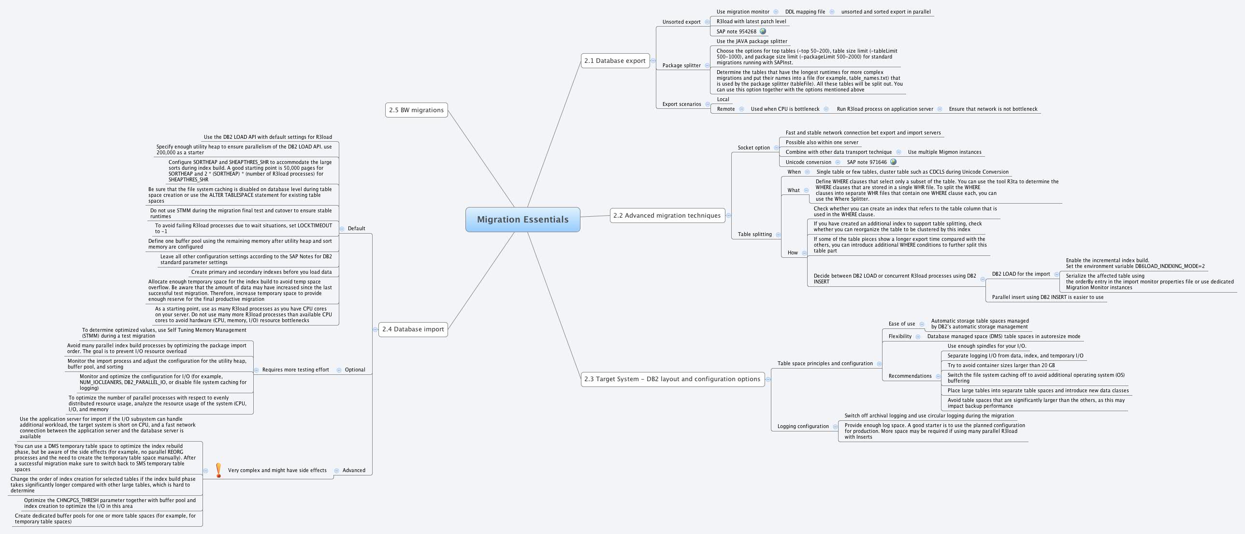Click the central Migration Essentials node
coord(522,220)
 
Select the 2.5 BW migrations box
coord(416,110)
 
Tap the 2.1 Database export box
coord(615,60)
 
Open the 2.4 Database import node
coord(413,329)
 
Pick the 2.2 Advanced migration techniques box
coord(667,215)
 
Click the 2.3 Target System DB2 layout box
coord(672,379)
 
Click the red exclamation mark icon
coord(218,470)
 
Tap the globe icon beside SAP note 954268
coord(763,31)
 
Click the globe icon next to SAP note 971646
coord(893,162)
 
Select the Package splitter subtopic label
coord(681,65)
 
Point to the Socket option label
coord(753,148)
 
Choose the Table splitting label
coord(754,234)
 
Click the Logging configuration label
coord(803,426)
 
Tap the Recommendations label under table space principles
coord(910,376)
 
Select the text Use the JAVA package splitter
coord(752,41)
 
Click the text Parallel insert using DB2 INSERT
coord(1047,297)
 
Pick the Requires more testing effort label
coord(295,370)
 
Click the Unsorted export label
coord(681,22)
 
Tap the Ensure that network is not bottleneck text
coord(993,109)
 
